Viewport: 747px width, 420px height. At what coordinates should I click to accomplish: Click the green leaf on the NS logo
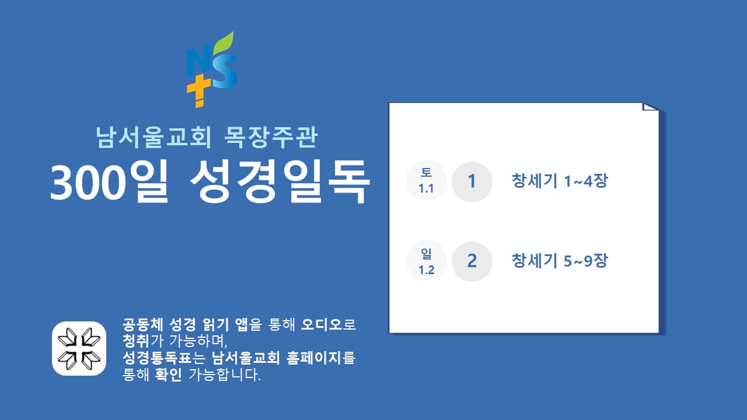coord(224,43)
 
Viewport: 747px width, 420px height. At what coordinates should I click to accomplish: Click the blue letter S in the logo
coord(225,72)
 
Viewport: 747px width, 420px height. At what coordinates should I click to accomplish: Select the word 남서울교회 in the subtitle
coord(153,137)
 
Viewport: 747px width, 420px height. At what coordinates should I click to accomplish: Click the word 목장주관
coord(271,137)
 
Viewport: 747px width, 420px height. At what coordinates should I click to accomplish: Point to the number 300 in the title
coord(88,183)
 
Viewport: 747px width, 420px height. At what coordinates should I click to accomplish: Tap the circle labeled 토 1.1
coord(426,180)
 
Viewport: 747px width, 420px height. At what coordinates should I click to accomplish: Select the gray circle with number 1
coord(472,181)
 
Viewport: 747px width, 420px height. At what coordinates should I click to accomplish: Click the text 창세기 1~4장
coord(560,181)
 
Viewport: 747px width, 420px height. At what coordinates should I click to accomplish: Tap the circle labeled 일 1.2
coord(426,260)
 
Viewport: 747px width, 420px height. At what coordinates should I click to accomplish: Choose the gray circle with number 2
coord(472,261)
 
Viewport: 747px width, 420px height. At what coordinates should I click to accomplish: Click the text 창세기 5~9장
coord(560,261)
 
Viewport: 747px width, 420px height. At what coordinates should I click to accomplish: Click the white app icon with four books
coord(79,349)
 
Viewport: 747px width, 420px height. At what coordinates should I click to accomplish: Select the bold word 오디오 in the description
coord(322,324)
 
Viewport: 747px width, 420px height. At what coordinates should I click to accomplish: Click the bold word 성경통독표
coord(157,358)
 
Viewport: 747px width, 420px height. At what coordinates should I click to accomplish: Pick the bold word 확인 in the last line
coord(169,374)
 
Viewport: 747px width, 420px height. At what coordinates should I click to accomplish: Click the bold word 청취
coord(136,341)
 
